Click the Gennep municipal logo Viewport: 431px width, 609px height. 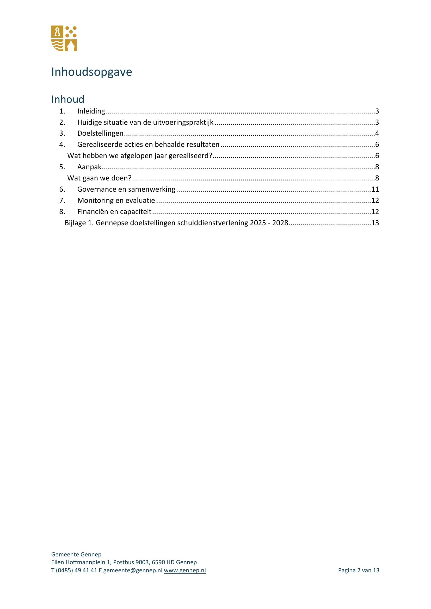click(x=64, y=39)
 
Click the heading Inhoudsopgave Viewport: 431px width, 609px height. click(x=91, y=72)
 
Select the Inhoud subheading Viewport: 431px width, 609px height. click(x=68, y=99)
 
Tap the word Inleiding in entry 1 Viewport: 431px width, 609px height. click(x=91, y=111)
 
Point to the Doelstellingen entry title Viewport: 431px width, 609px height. click(x=100, y=133)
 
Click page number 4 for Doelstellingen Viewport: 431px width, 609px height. click(x=377, y=133)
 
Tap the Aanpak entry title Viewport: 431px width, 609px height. click(x=89, y=167)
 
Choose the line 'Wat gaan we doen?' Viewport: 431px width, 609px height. click(x=99, y=178)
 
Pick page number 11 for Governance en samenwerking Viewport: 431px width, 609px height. click(x=375, y=189)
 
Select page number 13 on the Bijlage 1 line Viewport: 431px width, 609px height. click(x=375, y=223)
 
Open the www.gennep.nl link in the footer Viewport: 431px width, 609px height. click(x=185, y=570)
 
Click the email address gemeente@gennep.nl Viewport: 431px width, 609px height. click(x=132, y=570)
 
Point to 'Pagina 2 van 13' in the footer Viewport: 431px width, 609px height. click(x=359, y=570)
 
